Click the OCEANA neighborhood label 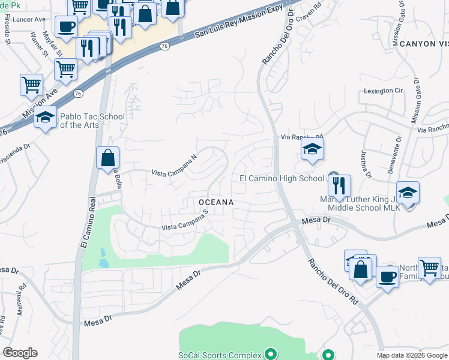click(x=216, y=203)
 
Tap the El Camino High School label click(x=282, y=178)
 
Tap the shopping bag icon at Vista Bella click(x=108, y=159)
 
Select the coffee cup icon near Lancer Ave click(x=66, y=27)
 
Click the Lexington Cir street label click(x=383, y=91)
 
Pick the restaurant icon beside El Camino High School click(x=339, y=187)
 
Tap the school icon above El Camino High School click(x=312, y=150)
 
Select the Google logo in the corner click(x=20, y=353)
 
